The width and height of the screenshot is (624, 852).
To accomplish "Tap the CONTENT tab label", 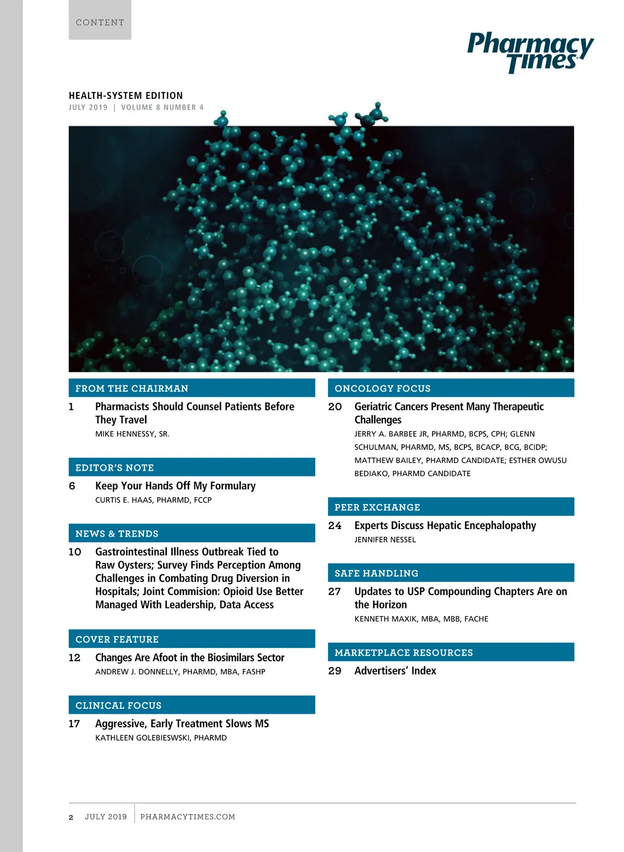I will [100, 22].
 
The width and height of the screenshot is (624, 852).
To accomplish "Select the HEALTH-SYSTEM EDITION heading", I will [126, 96].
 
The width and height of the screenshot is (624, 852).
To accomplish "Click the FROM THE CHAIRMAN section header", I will [132, 389].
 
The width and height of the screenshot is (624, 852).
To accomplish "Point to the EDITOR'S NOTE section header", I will [114, 468].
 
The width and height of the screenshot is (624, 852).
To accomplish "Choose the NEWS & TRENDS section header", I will [116, 534].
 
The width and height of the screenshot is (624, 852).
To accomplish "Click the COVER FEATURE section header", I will [117, 639].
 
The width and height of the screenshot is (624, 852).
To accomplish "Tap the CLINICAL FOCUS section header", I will [119, 705].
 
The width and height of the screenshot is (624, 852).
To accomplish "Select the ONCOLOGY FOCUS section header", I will [383, 389].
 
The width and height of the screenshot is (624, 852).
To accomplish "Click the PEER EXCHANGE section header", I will [377, 507].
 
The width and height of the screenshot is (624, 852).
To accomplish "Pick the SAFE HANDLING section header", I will [376, 573].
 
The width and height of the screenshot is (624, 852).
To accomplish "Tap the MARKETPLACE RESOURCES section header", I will [404, 653].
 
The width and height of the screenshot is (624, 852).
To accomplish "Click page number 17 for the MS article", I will [74, 724].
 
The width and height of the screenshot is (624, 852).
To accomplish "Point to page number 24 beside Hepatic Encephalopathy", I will [335, 525].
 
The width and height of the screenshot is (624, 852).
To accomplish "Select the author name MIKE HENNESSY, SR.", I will [132, 434].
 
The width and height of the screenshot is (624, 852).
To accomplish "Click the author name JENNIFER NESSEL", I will [385, 540].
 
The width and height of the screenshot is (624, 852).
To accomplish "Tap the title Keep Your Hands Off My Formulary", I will [175, 486].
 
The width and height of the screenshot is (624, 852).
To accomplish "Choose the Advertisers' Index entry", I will [395, 671].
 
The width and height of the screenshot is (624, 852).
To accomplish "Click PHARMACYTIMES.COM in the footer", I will [188, 817].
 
